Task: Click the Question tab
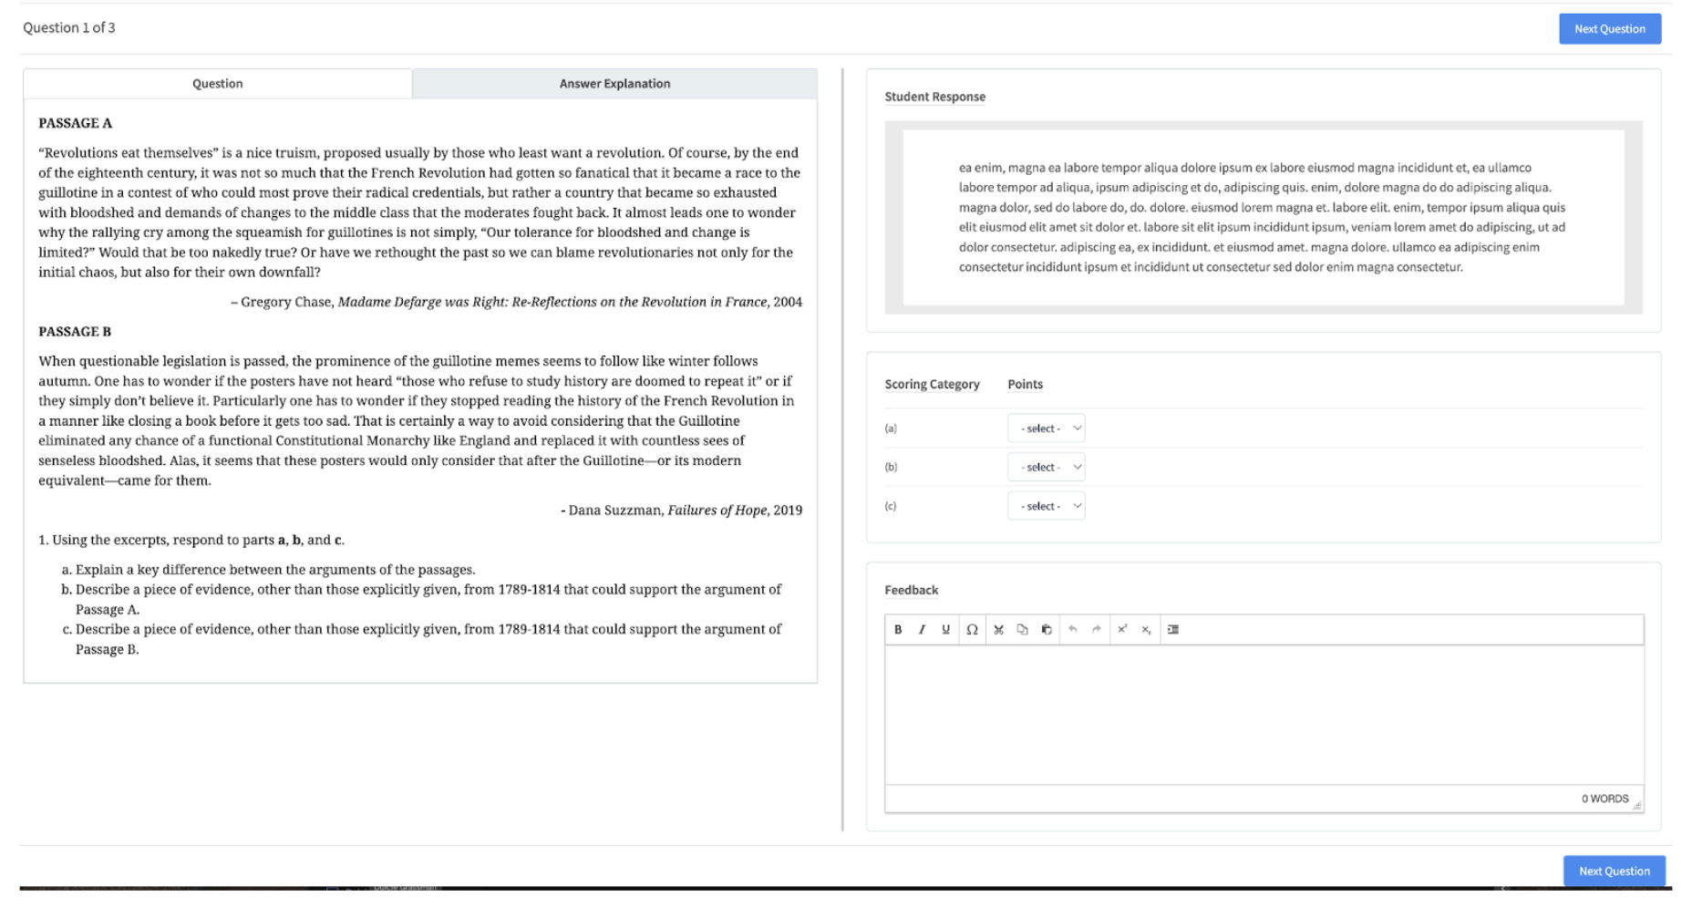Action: (x=217, y=84)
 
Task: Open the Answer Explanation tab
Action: (x=614, y=84)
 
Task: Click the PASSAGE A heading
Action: (x=75, y=123)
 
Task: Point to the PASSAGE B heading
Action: (x=75, y=332)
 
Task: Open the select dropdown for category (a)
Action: (x=1046, y=428)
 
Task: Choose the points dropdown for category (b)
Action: (x=1046, y=468)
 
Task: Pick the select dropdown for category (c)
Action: (x=1046, y=506)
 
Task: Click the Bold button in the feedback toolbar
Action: (x=898, y=630)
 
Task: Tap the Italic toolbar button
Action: (x=922, y=630)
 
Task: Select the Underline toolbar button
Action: (x=945, y=630)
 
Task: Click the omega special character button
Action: (x=972, y=630)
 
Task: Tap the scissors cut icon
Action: (x=998, y=630)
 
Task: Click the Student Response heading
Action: (x=934, y=97)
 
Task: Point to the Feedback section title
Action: (x=911, y=590)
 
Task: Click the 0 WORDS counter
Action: (x=1604, y=799)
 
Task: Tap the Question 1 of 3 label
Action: (x=69, y=27)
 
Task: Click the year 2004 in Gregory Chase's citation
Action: (x=788, y=302)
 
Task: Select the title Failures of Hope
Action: (x=717, y=511)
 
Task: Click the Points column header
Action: (x=1025, y=385)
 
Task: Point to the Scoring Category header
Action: (x=932, y=385)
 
